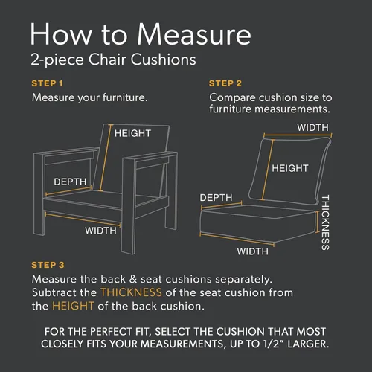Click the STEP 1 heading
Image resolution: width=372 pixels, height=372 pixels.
[48, 83]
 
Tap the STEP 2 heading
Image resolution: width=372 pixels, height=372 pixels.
[225, 83]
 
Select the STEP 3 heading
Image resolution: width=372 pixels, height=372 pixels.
[48, 265]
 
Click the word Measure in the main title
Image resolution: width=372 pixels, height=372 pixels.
[194, 34]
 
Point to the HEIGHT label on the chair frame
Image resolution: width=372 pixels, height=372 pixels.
[132, 133]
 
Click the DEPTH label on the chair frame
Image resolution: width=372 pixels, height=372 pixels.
[70, 182]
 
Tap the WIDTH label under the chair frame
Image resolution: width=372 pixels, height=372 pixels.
[100, 231]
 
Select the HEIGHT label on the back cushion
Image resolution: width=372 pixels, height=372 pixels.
[290, 168]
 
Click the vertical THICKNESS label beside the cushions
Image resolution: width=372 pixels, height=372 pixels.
[325, 222]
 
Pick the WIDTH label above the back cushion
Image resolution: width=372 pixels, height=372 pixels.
[312, 128]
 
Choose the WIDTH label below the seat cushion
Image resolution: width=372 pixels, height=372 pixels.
[252, 251]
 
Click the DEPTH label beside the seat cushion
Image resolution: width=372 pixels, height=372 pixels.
[216, 198]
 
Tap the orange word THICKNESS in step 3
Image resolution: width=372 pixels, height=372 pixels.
[131, 292]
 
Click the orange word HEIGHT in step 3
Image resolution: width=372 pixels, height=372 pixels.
[73, 306]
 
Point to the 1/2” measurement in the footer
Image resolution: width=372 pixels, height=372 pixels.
[272, 344]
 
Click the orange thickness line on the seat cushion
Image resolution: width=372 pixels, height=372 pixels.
[317, 222]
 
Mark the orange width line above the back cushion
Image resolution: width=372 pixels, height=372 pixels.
[298, 135]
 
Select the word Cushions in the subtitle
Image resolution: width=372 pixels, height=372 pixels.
[163, 60]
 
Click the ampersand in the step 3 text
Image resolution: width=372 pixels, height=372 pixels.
[133, 279]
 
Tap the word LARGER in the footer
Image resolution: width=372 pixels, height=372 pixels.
[308, 344]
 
